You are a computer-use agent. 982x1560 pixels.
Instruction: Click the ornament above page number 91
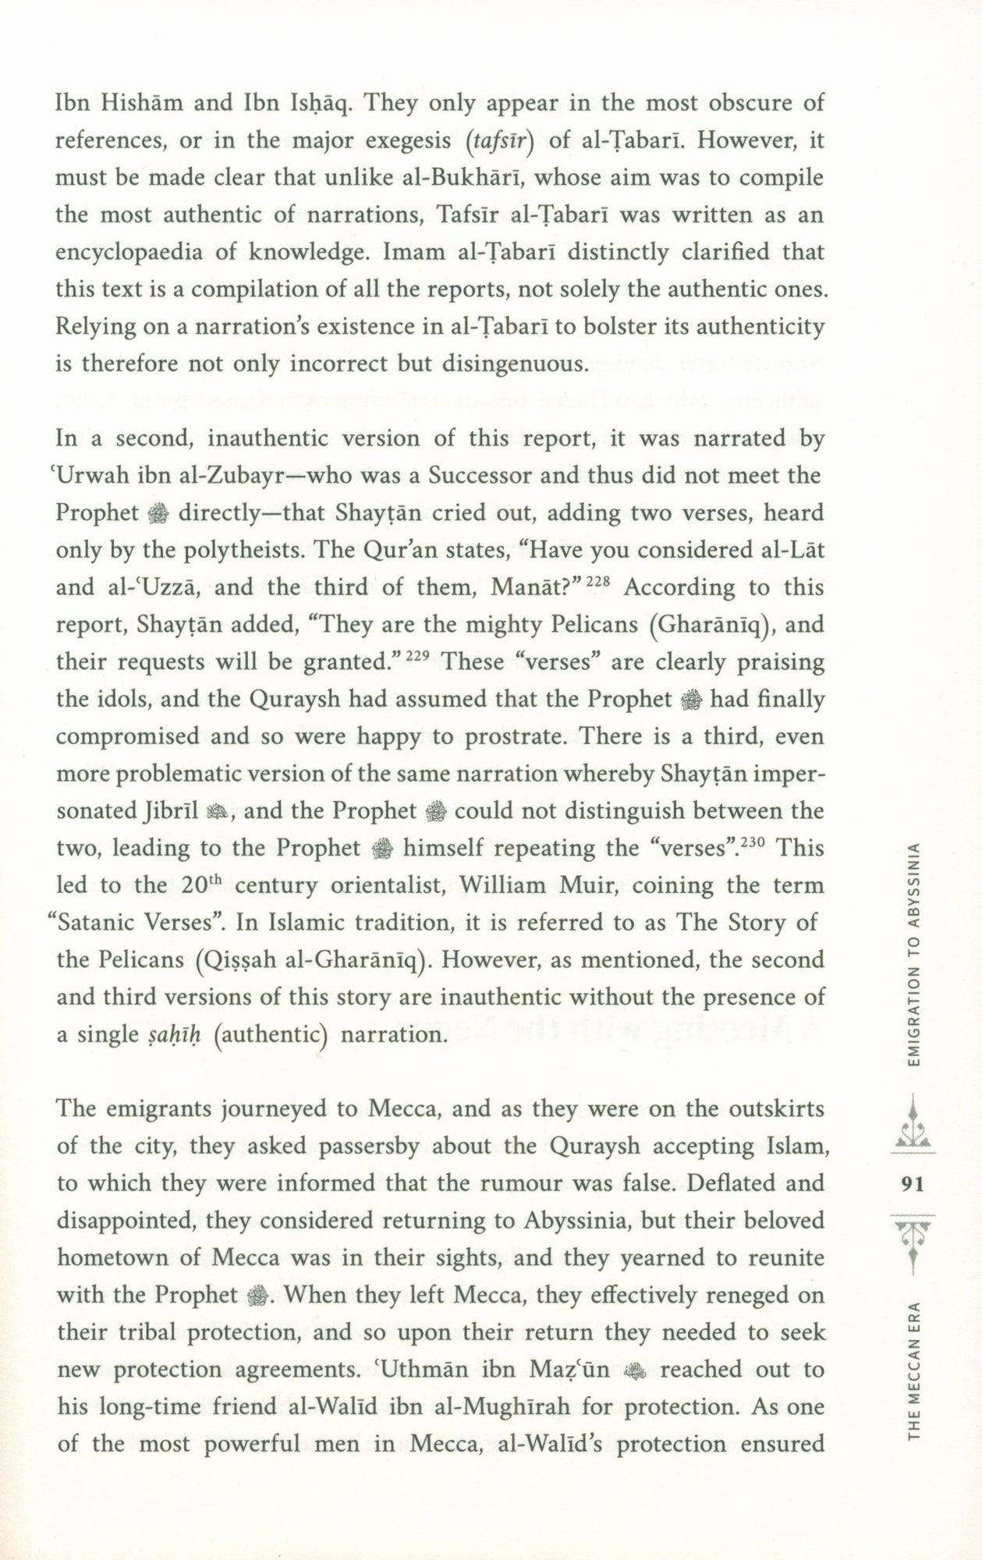coord(911,1128)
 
